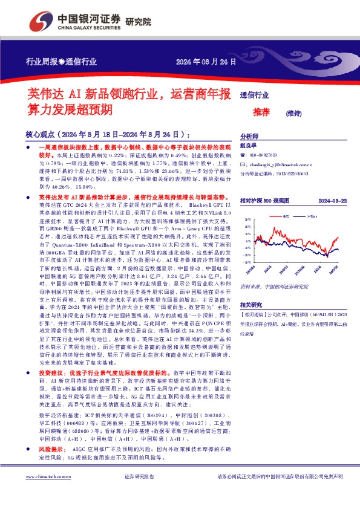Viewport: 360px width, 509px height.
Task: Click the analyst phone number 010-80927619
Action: tap(265, 155)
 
